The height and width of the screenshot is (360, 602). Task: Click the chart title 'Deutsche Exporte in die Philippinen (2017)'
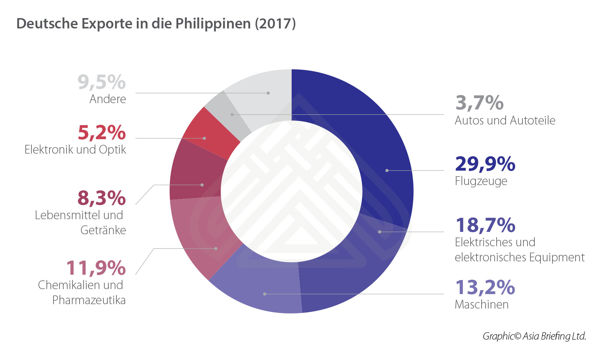(x=156, y=24)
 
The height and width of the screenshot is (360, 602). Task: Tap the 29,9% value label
(x=485, y=164)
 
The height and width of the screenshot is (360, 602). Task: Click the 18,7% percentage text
(x=485, y=225)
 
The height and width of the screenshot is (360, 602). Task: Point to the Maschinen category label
(x=482, y=304)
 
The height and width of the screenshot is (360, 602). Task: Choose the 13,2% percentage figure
(x=485, y=287)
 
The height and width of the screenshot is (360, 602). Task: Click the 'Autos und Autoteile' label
(x=505, y=120)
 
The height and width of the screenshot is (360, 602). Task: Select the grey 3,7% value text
(x=479, y=103)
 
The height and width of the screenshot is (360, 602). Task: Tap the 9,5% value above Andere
(x=102, y=82)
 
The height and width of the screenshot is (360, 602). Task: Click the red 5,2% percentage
(x=102, y=132)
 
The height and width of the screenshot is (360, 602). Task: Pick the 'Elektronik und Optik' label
(x=75, y=150)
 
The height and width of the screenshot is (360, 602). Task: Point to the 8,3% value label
(x=102, y=198)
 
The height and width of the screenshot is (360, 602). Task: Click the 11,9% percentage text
(x=96, y=268)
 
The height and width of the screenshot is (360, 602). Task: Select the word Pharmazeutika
(x=89, y=300)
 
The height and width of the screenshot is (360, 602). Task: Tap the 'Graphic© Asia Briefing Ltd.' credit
(x=534, y=336)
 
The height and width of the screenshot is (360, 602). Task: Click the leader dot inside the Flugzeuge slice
(x=387, y=171)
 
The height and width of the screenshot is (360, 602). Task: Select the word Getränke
(x=103, y=230)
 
